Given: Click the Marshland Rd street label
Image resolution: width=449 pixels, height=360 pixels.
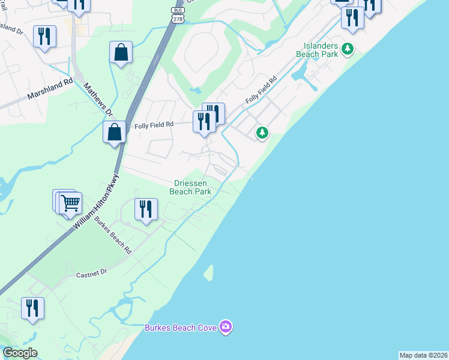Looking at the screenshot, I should tap(50, 89).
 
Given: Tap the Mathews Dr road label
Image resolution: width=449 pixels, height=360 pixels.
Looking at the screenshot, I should tap(98, 99).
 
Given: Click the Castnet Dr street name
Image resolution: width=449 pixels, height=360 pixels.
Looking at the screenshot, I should tap(91, 273).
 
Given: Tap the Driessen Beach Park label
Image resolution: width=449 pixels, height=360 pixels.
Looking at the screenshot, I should tap(190, 187).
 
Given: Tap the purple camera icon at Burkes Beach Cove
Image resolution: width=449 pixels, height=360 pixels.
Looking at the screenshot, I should tap(226, 327).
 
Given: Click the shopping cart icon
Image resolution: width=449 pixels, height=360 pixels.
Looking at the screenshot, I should tap(71, 203).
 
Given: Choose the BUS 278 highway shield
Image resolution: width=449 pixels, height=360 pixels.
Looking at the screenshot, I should tap(177, 15).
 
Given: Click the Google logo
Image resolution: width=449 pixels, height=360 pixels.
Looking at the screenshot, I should tap(20, 353).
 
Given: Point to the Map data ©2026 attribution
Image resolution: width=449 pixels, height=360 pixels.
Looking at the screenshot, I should tap(423, 355).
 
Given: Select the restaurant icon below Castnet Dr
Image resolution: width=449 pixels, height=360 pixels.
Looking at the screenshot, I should tap(33, 308).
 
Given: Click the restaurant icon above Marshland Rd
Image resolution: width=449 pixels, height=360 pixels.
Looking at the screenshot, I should tap(45, 36).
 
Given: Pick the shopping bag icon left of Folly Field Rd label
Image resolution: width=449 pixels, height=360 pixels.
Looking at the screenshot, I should tap(114, 131).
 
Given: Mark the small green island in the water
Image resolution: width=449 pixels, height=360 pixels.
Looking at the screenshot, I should tap(208, 273).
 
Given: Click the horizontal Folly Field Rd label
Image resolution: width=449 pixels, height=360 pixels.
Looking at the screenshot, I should tap(154, 125).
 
